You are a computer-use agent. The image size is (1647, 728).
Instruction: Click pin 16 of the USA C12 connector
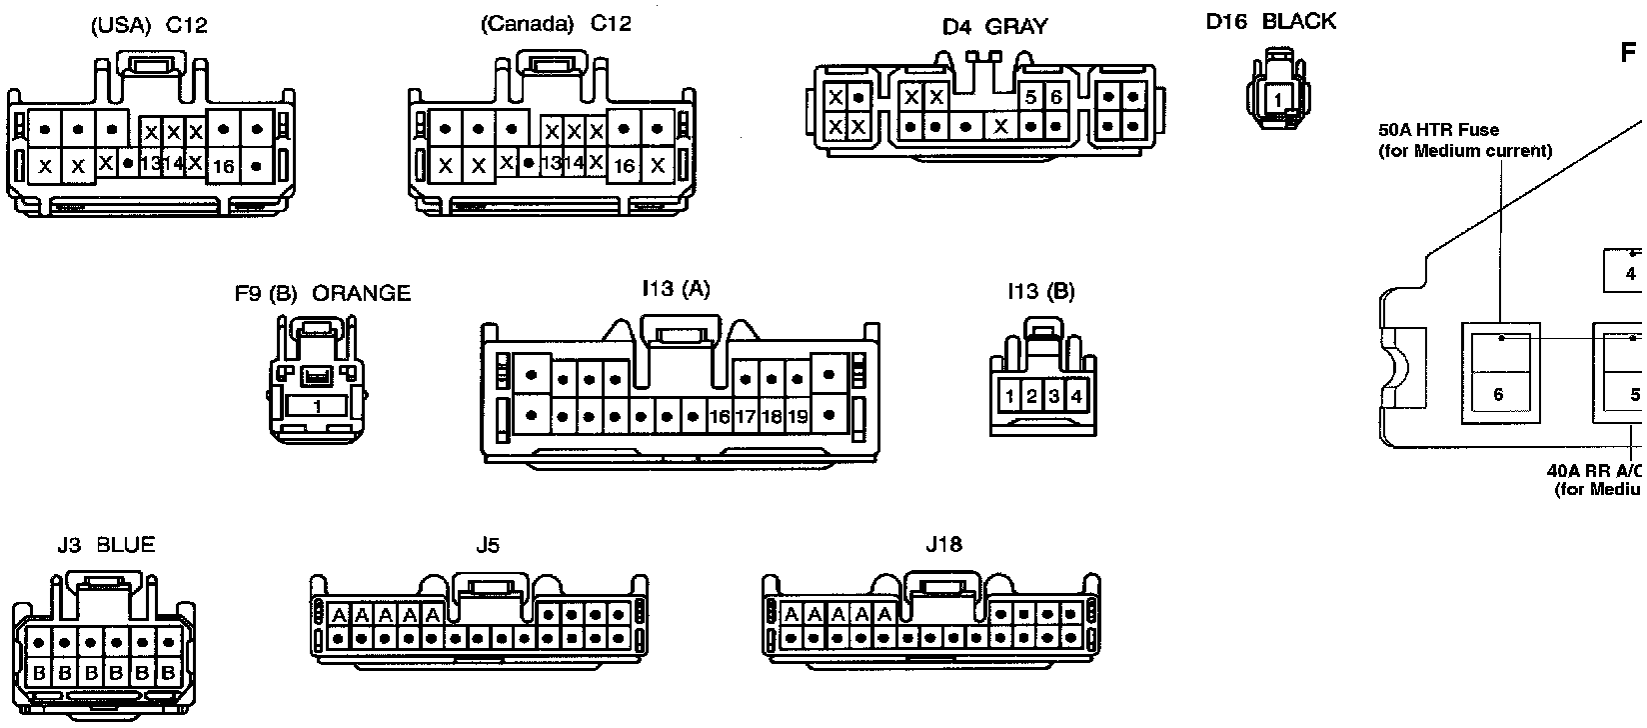click(x=223, y=166)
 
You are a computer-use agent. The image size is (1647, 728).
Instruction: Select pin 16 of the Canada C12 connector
click(x=625, y=165)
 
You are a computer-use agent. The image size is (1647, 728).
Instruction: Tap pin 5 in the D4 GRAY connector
click(x=1030, y=98)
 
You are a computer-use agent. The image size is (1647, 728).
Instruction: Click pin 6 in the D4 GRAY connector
click(x=1055, y=98)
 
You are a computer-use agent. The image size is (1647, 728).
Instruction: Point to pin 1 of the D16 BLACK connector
click(x=1277, y=100)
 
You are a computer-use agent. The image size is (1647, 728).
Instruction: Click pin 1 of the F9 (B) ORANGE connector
click(x=318, y=407)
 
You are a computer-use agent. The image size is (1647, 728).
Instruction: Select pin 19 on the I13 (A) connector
click(x=797, y=416)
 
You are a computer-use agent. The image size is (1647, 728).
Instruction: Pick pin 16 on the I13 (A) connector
click(x=719, y=416)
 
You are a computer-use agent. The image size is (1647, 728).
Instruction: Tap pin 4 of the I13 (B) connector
click(x=1075, y=396)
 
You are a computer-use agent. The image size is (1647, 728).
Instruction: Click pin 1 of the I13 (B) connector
click(x=1009, y=396)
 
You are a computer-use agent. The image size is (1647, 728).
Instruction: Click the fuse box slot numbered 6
click(x=1498, y=394)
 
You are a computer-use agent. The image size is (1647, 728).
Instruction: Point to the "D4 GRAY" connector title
click(x=994, y=27)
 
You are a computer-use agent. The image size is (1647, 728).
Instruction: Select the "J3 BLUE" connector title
click(x=106, y=545)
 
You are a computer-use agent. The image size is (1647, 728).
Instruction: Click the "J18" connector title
click(x=943, y=545)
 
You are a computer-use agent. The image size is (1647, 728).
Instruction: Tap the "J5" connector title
click(x=488, y=545)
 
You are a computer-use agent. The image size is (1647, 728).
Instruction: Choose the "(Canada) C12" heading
click(x=556, y=24)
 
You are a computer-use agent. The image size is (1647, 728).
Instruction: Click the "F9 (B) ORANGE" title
click(x=322, y=293)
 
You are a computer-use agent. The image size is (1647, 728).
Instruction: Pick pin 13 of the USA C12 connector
click(x=150, y=163)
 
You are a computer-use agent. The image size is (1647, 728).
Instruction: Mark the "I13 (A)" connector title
click(x=676, y=289)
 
